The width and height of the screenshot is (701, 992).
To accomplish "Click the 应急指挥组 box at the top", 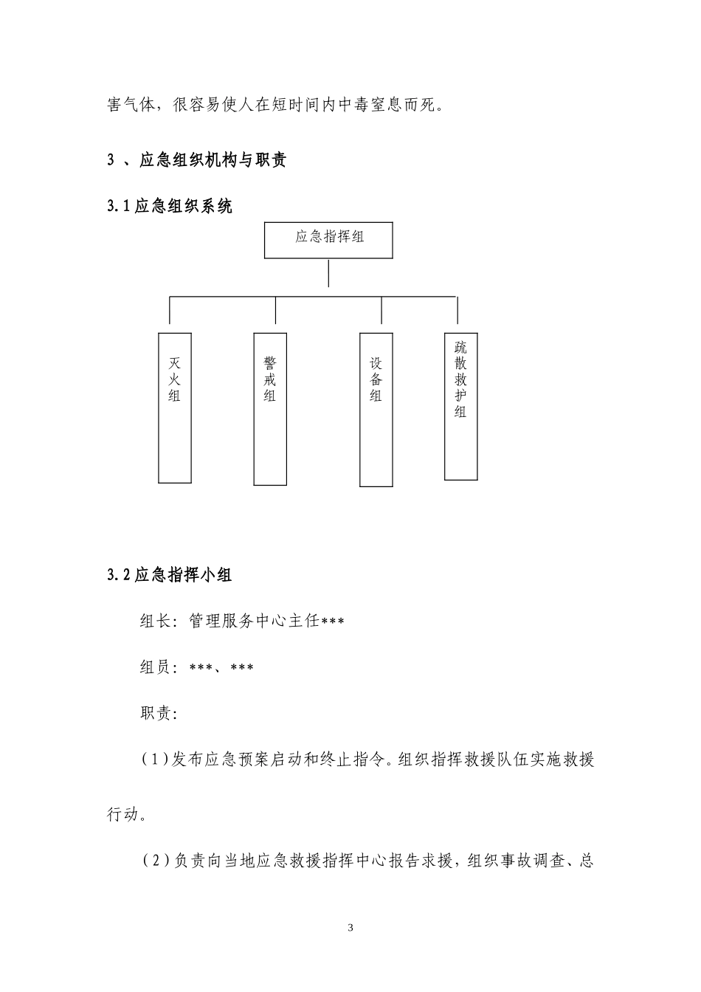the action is pyautogui.click(x=328, y=240).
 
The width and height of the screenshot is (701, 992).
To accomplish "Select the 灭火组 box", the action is pyautogui.click(x=175, y=407).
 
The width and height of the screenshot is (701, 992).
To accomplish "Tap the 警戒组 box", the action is pyautogui.click(x=270, y=409).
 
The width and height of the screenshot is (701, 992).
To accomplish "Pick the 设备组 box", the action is pyautogui.click(x=376, y=410).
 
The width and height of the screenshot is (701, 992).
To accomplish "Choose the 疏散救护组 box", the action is pyautogui.click(x=460, y=406).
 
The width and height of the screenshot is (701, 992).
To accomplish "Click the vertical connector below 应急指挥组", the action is pyautogui.click(x=328, y=272).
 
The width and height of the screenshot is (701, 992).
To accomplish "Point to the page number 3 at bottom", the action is pyautogui.click(x=350, y=928).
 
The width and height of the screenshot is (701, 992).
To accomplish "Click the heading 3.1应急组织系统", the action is pyautogui.click(x=170, y=207).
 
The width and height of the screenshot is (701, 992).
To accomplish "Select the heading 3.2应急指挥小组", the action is pyautogui.click(x=170, y=575).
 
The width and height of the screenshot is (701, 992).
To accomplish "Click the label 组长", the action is pyautogui.click(x=155, y=621).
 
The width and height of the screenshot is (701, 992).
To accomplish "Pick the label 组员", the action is pyautogui.click(x=155, y=668).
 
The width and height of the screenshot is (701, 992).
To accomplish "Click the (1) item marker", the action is pyautogui.click(x=155, y=759).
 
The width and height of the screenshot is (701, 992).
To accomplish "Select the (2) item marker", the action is pyautogui.click(x=155, y=861).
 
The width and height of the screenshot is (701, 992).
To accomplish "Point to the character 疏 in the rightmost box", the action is pyautogui.click(x=460, y=347).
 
